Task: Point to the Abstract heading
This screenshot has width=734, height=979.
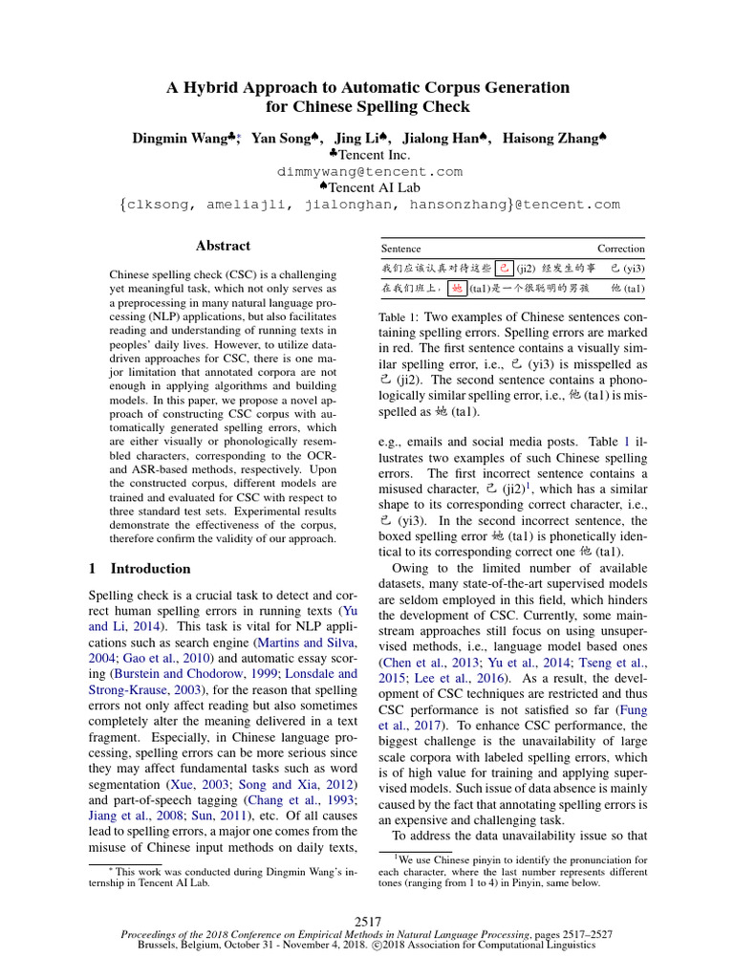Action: [223, 246]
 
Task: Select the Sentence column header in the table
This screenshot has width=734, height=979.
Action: [400, 249]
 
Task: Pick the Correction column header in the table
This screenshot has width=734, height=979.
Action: [620, 249]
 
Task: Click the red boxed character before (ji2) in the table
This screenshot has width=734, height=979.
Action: [506, 268]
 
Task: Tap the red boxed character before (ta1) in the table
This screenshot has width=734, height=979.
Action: [458, 288]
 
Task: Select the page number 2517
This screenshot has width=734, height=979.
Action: [368, 920]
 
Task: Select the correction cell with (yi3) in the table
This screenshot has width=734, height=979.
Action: [628, 268]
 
